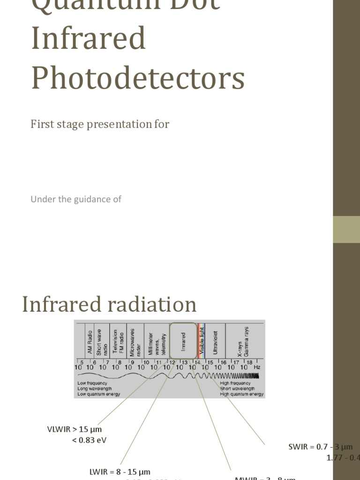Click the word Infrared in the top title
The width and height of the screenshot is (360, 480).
coord(89,38)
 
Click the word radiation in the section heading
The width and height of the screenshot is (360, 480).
coord(153,304)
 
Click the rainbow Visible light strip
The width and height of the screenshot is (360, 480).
coord(202,338)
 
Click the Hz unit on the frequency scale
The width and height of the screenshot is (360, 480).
coord(257,367)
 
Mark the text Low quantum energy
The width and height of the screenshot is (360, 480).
coord(98,394)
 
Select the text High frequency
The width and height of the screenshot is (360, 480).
coord(235,383)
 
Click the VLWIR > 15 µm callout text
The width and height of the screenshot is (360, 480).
coord(75,429)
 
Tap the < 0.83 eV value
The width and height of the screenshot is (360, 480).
coord(90,440)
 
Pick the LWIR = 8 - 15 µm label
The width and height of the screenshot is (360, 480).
coord(120,472)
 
